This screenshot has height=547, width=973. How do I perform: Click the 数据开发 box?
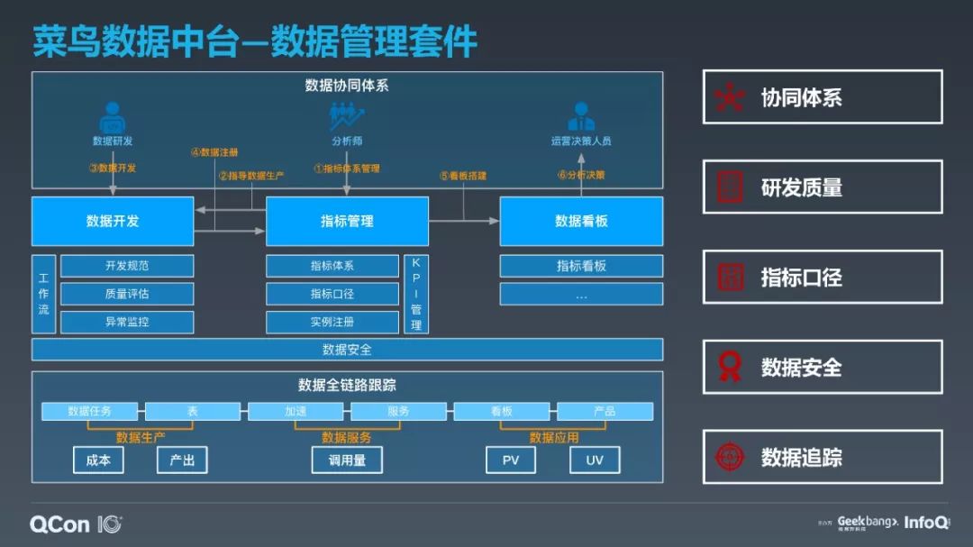pyautogui.click(x=113, y=221)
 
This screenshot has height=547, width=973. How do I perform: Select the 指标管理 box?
pyautogui.click(x=347, y=221)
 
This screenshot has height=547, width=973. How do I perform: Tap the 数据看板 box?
pyautogui.click(x=581, y=221)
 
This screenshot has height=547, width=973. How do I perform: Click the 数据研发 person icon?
pyautogui.click(x=113, y=118)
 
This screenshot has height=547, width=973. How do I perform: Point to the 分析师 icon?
pyautogui.click(x=346, y=117)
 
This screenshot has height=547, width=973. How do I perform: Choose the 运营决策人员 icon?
pyautogui.click(x=581, y=117)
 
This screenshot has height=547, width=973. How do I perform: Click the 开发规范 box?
pyautogui.click(x=127, y=266)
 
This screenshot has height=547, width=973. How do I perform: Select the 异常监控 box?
pyautogui.click(x=127, y=322)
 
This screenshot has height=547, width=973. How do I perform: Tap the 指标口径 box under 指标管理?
pyautogui.click(x=332, y=294)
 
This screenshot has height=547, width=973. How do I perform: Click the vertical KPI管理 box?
pyautogui.click(x=415, y=294)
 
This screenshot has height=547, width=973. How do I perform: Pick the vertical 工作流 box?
pyautogui.click(x=43, y=294)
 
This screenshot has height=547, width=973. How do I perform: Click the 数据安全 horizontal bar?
pyautogui.click(x=347, y=350)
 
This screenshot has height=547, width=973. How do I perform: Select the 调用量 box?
pyautogui.click(x=347, y=460)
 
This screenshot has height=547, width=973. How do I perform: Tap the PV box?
pyautogui.click(x=510, y=460)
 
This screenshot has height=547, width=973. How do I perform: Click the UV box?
pyautogui.click(x=595, y=460)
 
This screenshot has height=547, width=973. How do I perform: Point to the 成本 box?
pyautogui.click(x=98, y=460)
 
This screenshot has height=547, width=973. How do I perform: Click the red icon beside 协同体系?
pyautogui.click(x=730, y=97)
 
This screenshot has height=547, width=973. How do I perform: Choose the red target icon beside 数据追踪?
pyautogui.click(x=730, y=457)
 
